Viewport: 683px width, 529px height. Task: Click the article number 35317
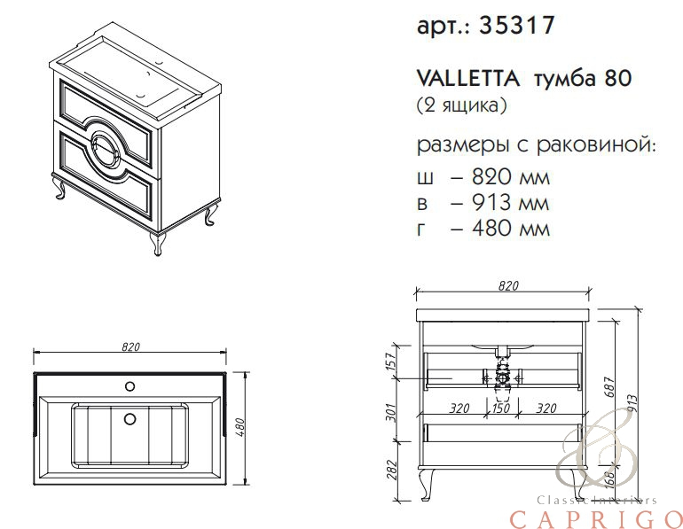516,25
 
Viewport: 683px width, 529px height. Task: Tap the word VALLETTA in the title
468,79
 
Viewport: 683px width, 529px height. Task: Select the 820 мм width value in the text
511,177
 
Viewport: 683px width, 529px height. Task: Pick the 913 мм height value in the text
511,202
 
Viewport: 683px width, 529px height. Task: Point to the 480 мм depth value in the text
511,228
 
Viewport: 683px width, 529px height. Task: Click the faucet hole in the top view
130,385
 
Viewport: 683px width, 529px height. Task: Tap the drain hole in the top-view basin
130,418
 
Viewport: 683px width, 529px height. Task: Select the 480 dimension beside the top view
241,427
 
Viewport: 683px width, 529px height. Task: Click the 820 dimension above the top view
130,346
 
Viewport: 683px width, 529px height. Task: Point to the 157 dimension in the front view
391,362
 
